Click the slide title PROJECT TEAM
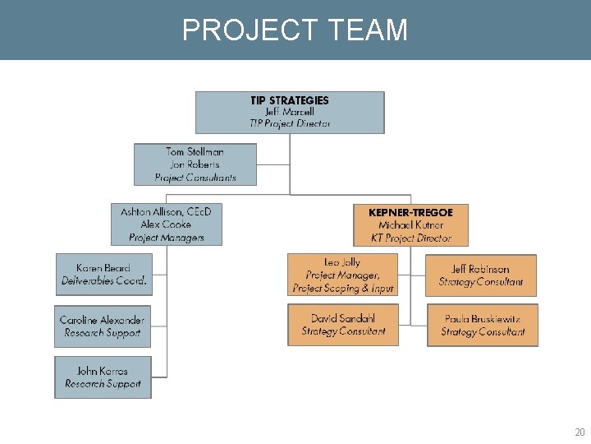pos(295,30)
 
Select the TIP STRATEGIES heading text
pos(290,100)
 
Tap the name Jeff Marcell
pos(290,112)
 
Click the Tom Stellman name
pos(195,151)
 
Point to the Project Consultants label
pos(195,178)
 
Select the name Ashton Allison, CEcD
pos(167,211)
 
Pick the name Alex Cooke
pos(167,224)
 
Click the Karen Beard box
pos(103,275)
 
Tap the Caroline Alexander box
pos(103,326)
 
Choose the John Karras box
pos(103,377)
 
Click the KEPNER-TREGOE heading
pos(411,212)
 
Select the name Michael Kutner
pos(411,225)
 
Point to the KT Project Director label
pos(411,238)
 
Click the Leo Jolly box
pos(343,275)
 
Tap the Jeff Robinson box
pos(481,275)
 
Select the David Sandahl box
pos(343,325)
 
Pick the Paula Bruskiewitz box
pos(483,326)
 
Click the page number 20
pos(580,432)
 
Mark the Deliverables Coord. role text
pos(104,281)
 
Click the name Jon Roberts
pos(195,164)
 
